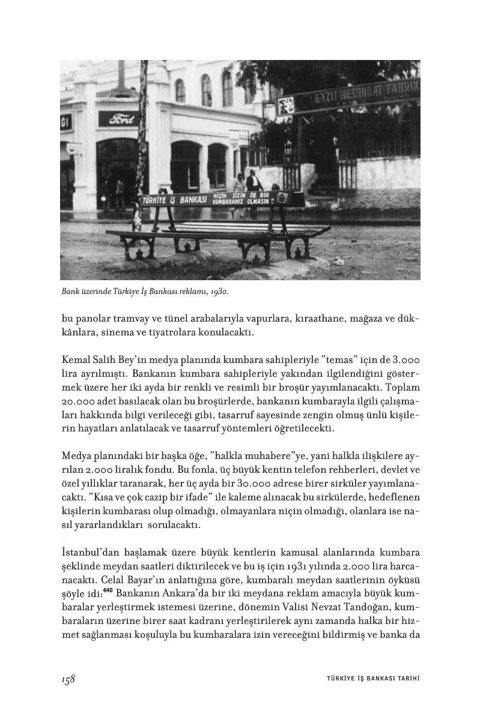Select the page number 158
(x=68, y=678)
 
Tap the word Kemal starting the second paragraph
(x=75, y=360)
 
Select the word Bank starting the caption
(x=70, y=292)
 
